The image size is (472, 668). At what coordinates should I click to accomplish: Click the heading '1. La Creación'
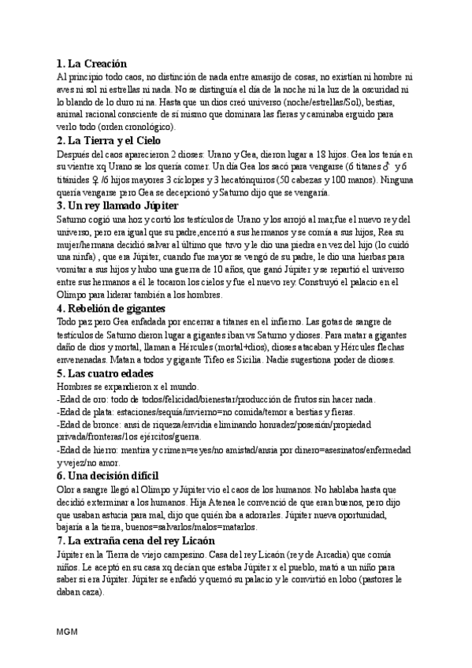click(x=92, y=63)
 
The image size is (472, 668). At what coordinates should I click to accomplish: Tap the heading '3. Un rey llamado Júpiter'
click(x=117, y=206)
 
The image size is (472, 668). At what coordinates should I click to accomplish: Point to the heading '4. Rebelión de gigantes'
click(x=111, y=308)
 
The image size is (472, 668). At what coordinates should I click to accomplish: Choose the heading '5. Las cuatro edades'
click(x=105, y=373)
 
